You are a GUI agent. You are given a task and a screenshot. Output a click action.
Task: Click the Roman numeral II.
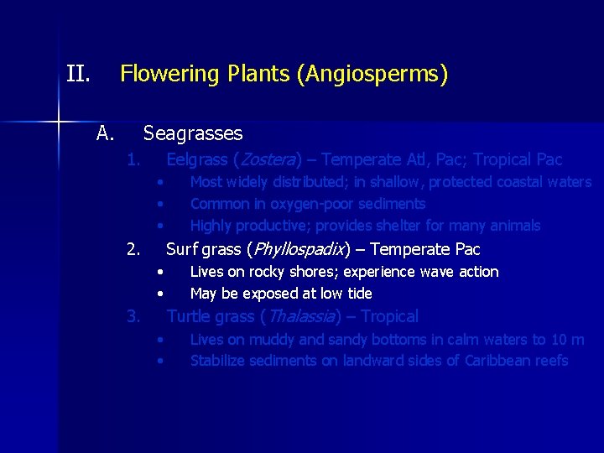(78, 75)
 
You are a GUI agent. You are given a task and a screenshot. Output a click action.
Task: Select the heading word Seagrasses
(193, 133)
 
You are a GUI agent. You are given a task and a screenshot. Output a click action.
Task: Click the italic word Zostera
(268, 159)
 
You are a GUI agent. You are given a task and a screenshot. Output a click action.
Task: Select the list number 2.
(133, 249)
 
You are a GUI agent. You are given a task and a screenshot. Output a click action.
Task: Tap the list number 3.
(133, 316)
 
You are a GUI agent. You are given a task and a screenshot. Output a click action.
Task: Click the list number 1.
(133, 159)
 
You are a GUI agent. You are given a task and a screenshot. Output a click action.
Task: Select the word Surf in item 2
(181, 249)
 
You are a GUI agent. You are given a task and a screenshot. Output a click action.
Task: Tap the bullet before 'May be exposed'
(159, 294)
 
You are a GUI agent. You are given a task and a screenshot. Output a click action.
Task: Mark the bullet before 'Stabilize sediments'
(159, 362)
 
